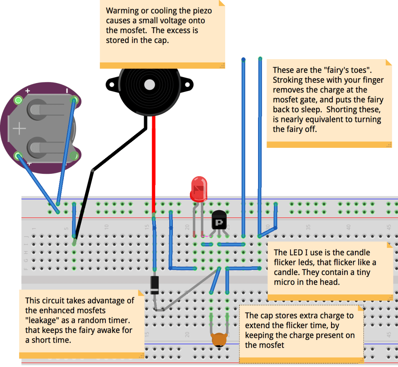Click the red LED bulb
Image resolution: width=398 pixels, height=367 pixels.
(x=199, y=189)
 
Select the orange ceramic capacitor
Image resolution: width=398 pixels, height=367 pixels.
(x=219, y=339)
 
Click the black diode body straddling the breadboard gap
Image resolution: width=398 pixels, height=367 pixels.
(x=154, y=285)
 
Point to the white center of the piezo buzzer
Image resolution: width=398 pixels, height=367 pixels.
(x=150, y=84)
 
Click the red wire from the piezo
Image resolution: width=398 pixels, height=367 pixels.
(x=153, y=162)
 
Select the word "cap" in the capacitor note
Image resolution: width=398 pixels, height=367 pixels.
(x=266, y=316)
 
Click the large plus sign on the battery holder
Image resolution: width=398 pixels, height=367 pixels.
(x=19, y=129)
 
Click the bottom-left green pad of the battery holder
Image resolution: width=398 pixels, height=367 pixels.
(x=18, y=156)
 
